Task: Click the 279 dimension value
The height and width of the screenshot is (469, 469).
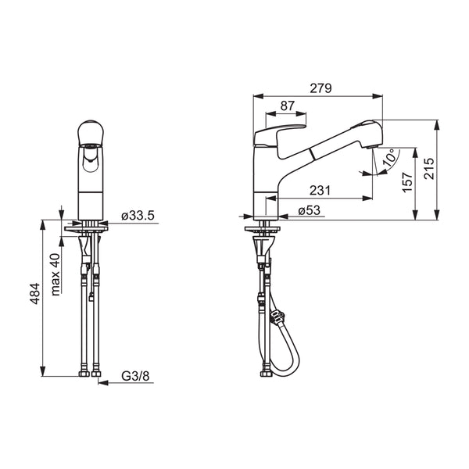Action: [x=320, y=88]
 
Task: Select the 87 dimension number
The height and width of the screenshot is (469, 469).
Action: [x=288, y=106]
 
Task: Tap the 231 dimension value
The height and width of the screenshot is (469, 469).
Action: [x=320, y=190]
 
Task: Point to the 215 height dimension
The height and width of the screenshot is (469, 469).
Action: [x=429, y=168]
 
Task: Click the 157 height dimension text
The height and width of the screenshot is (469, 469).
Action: [x=408, y=182]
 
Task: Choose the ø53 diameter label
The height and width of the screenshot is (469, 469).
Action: [x=310, y=210]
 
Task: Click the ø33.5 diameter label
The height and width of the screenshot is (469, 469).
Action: [x=138, y=216]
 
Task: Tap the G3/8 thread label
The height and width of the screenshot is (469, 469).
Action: [x=135, y=376]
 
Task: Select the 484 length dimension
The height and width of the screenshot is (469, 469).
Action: [x=34, y=294]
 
